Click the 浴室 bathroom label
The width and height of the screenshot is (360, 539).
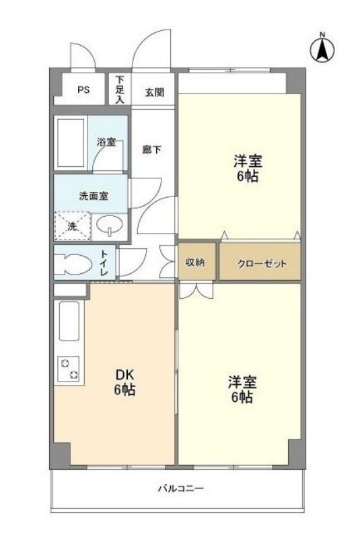click(106, 143)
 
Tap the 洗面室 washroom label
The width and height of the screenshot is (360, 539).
click(94, 196)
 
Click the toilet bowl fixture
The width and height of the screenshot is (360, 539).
click(73, 263)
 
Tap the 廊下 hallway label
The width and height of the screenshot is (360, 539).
click(151, 149)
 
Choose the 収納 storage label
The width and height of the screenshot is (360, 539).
click(196, 263)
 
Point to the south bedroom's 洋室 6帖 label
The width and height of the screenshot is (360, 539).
click(240, 390)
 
